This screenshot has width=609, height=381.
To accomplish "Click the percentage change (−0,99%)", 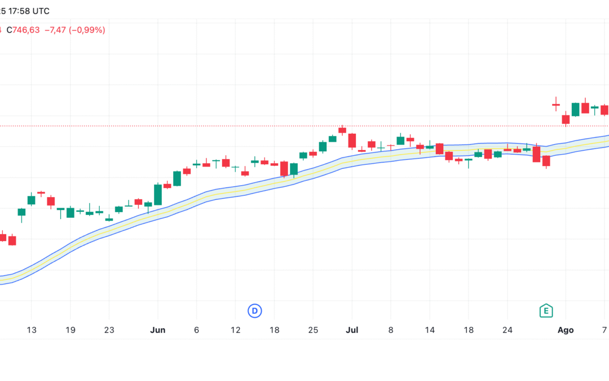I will pyautogui.click(x=87, y=30).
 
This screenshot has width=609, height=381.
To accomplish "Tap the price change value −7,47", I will pyautogui.click(x=55, y=30).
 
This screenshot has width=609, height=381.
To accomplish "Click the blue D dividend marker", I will pyautogui.click(x=255, y=310).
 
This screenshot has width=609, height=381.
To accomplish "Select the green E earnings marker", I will pyautogui.click(x=545, y=310).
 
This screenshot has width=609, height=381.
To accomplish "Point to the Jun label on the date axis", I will pyautogui.click(x=158, y=330).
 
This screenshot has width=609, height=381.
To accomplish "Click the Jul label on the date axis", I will pyautogui.click(x=352, y=330).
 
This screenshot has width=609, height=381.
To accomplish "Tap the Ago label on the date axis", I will pyautogui.click(x=566, y=330).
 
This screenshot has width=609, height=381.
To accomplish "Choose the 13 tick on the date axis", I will pyautogui.click(x=31, y=330).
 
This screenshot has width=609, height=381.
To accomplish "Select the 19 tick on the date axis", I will pyautogui.click(x=70, y=330).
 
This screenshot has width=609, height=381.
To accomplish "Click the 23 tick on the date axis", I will pyautogui.click(x=109, y=330).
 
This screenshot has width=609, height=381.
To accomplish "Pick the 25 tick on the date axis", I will pyautogui.click(x=314, y=330).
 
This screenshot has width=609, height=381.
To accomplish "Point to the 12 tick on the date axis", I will pyautogui.click(x=236, y=330).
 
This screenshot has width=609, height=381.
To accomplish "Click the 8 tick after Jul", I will pyautogui.click(x=391, y=330).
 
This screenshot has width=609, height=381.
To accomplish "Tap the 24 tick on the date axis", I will pyautogui.click(x=507, y=330).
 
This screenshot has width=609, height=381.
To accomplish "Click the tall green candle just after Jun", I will pyautogui.click(x=158, y=194).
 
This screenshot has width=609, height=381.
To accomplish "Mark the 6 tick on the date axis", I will pyautogui.click(x=196, y=330).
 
